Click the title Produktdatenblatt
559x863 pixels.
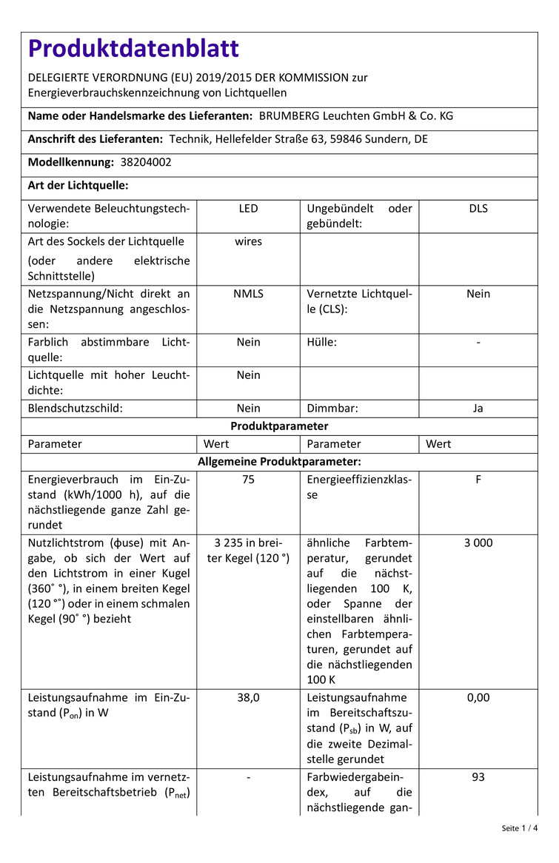coord(133,49)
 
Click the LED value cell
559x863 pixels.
coord(249,209)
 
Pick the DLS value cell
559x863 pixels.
coord(478,209)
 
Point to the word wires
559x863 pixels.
coord(249,241)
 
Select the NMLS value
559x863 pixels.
coord(249,294)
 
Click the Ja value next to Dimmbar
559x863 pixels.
coord(478,408)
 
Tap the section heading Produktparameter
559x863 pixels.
coord(279,426)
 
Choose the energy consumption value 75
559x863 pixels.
coord(249,479)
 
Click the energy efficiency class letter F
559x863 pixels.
coord(478,479)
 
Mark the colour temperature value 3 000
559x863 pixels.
coord(478,543)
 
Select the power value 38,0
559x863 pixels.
coord(249,697)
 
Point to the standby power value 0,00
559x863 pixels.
coord(478,697)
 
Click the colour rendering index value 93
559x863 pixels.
coord(478,777)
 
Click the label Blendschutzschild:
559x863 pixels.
coord(76,408)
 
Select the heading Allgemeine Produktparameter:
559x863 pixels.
coord(279,462)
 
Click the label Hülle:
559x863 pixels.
coord(322,342)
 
